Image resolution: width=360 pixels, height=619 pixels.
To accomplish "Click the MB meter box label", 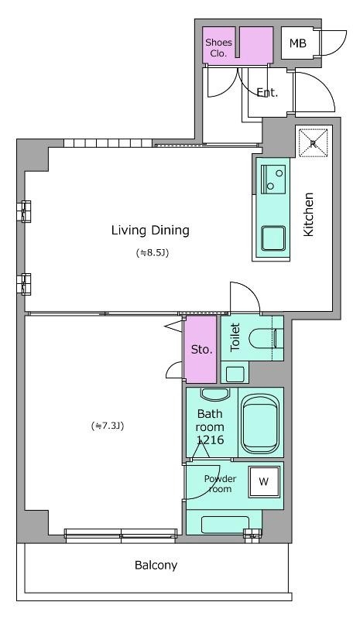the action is click(x=297, y=43).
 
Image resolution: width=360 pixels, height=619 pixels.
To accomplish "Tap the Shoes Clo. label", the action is click(x=218, y=47).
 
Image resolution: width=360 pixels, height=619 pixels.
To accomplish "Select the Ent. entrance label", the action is click(x=267, y=93).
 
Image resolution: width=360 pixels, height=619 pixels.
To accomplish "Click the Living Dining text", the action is click(x=150, y=230).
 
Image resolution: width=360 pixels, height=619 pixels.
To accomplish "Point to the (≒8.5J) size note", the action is click(x=153, y=253).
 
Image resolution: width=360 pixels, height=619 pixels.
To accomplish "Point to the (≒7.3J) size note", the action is click(x=108, y=426).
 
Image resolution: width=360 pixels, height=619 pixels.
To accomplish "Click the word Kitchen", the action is click(x=308, y=214).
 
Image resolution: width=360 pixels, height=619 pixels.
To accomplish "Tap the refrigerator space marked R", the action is click(x=313, y=143).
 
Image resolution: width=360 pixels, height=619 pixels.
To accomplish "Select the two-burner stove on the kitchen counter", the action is click(x=273, y=180).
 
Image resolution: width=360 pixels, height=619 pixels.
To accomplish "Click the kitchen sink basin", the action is click(x=273, y=238).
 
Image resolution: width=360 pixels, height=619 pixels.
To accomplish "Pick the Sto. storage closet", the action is click(x=201, y=350).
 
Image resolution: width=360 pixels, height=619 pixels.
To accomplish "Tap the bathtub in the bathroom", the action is click(x=259, y=424).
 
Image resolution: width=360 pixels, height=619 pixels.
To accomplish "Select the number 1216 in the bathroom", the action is click(x=211, y=439).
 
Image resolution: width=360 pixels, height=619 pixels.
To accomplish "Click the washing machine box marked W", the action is click(x=264, y=481).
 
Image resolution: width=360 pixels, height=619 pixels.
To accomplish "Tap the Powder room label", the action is click(x=220, y=484).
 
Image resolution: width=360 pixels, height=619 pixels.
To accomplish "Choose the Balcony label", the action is click(x=156, y=566).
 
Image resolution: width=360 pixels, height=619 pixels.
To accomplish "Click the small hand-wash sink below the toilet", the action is click(x=235, y=374).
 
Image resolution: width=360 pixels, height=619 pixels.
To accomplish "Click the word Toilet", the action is click(x=235, y=337).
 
